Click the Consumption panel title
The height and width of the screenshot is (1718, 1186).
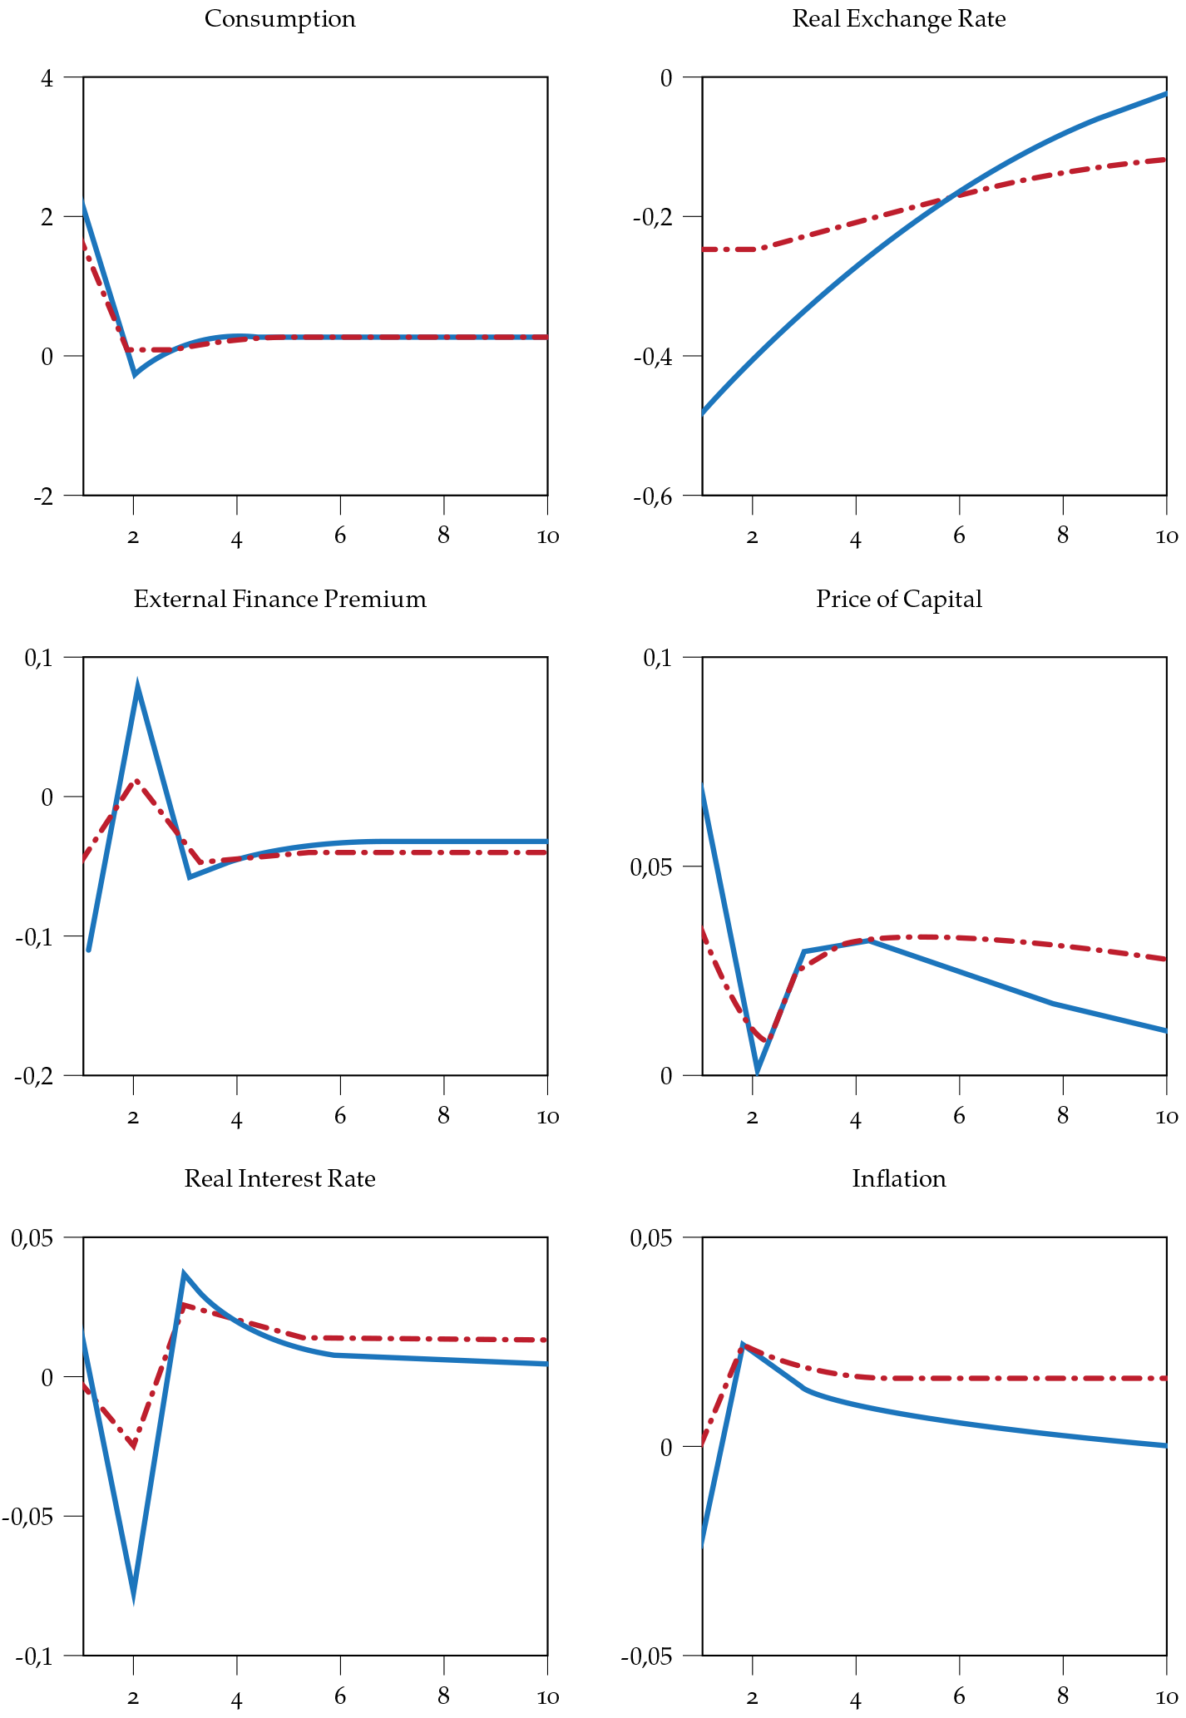[x=279, y=18]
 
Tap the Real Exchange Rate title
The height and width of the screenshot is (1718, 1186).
[x=898, y=18]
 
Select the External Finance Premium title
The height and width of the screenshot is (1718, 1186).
[x=279, y=599]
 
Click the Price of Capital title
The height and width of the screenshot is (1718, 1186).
[x=898, y=599]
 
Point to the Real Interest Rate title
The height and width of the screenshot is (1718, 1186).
[x=279, y=1178]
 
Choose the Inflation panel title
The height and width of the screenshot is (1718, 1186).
[x=898, y=1178]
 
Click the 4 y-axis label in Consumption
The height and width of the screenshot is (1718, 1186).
[x=47, y=80]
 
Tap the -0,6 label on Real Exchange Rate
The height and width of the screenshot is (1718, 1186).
[x=652, y=497]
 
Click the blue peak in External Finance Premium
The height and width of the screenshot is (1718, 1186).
[x=137, y=685]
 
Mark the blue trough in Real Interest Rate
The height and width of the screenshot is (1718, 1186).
[x=133, y=1595]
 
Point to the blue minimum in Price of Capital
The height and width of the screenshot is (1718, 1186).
[x=757, y=1073]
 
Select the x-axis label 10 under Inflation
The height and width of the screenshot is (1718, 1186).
[x=1166, y=1696]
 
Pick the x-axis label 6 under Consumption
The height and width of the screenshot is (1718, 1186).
[x=340, y=536]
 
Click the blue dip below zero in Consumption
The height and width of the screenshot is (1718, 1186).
[x=135, y=374]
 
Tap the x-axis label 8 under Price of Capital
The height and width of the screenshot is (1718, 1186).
[x=1062, y=1116]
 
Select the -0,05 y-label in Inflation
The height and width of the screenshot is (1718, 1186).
[x=646, y=1656]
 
